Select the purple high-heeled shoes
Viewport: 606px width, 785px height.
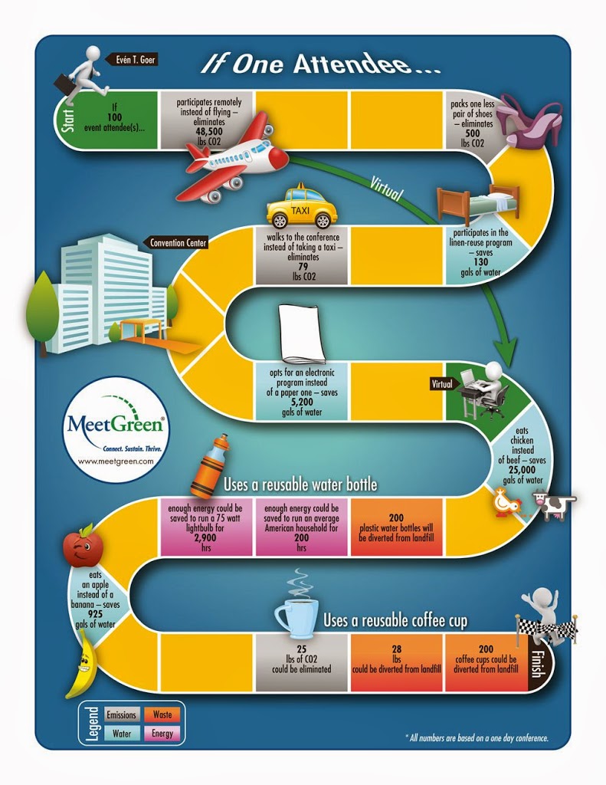530,122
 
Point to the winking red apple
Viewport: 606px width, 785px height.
83,545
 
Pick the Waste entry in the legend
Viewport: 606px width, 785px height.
162,714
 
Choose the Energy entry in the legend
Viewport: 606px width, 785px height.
162,734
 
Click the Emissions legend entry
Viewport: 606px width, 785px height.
122,714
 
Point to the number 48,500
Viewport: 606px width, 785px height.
209,132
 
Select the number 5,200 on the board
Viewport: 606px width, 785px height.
302,402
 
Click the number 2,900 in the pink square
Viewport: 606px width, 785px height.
205,537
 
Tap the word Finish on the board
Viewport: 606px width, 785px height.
538,663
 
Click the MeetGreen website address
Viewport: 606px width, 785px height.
116,461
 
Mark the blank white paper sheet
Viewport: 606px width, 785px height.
303,333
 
